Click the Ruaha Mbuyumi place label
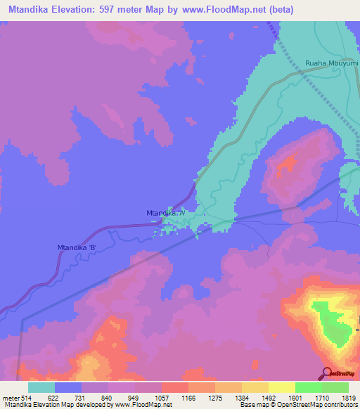[332, 64]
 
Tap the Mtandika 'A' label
[166, 212]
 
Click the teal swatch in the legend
[41, 387]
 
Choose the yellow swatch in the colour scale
[282, 387]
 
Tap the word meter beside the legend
[10, 397]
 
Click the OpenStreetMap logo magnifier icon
[328, 373]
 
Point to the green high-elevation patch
[330, 323]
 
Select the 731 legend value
[94, 397]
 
